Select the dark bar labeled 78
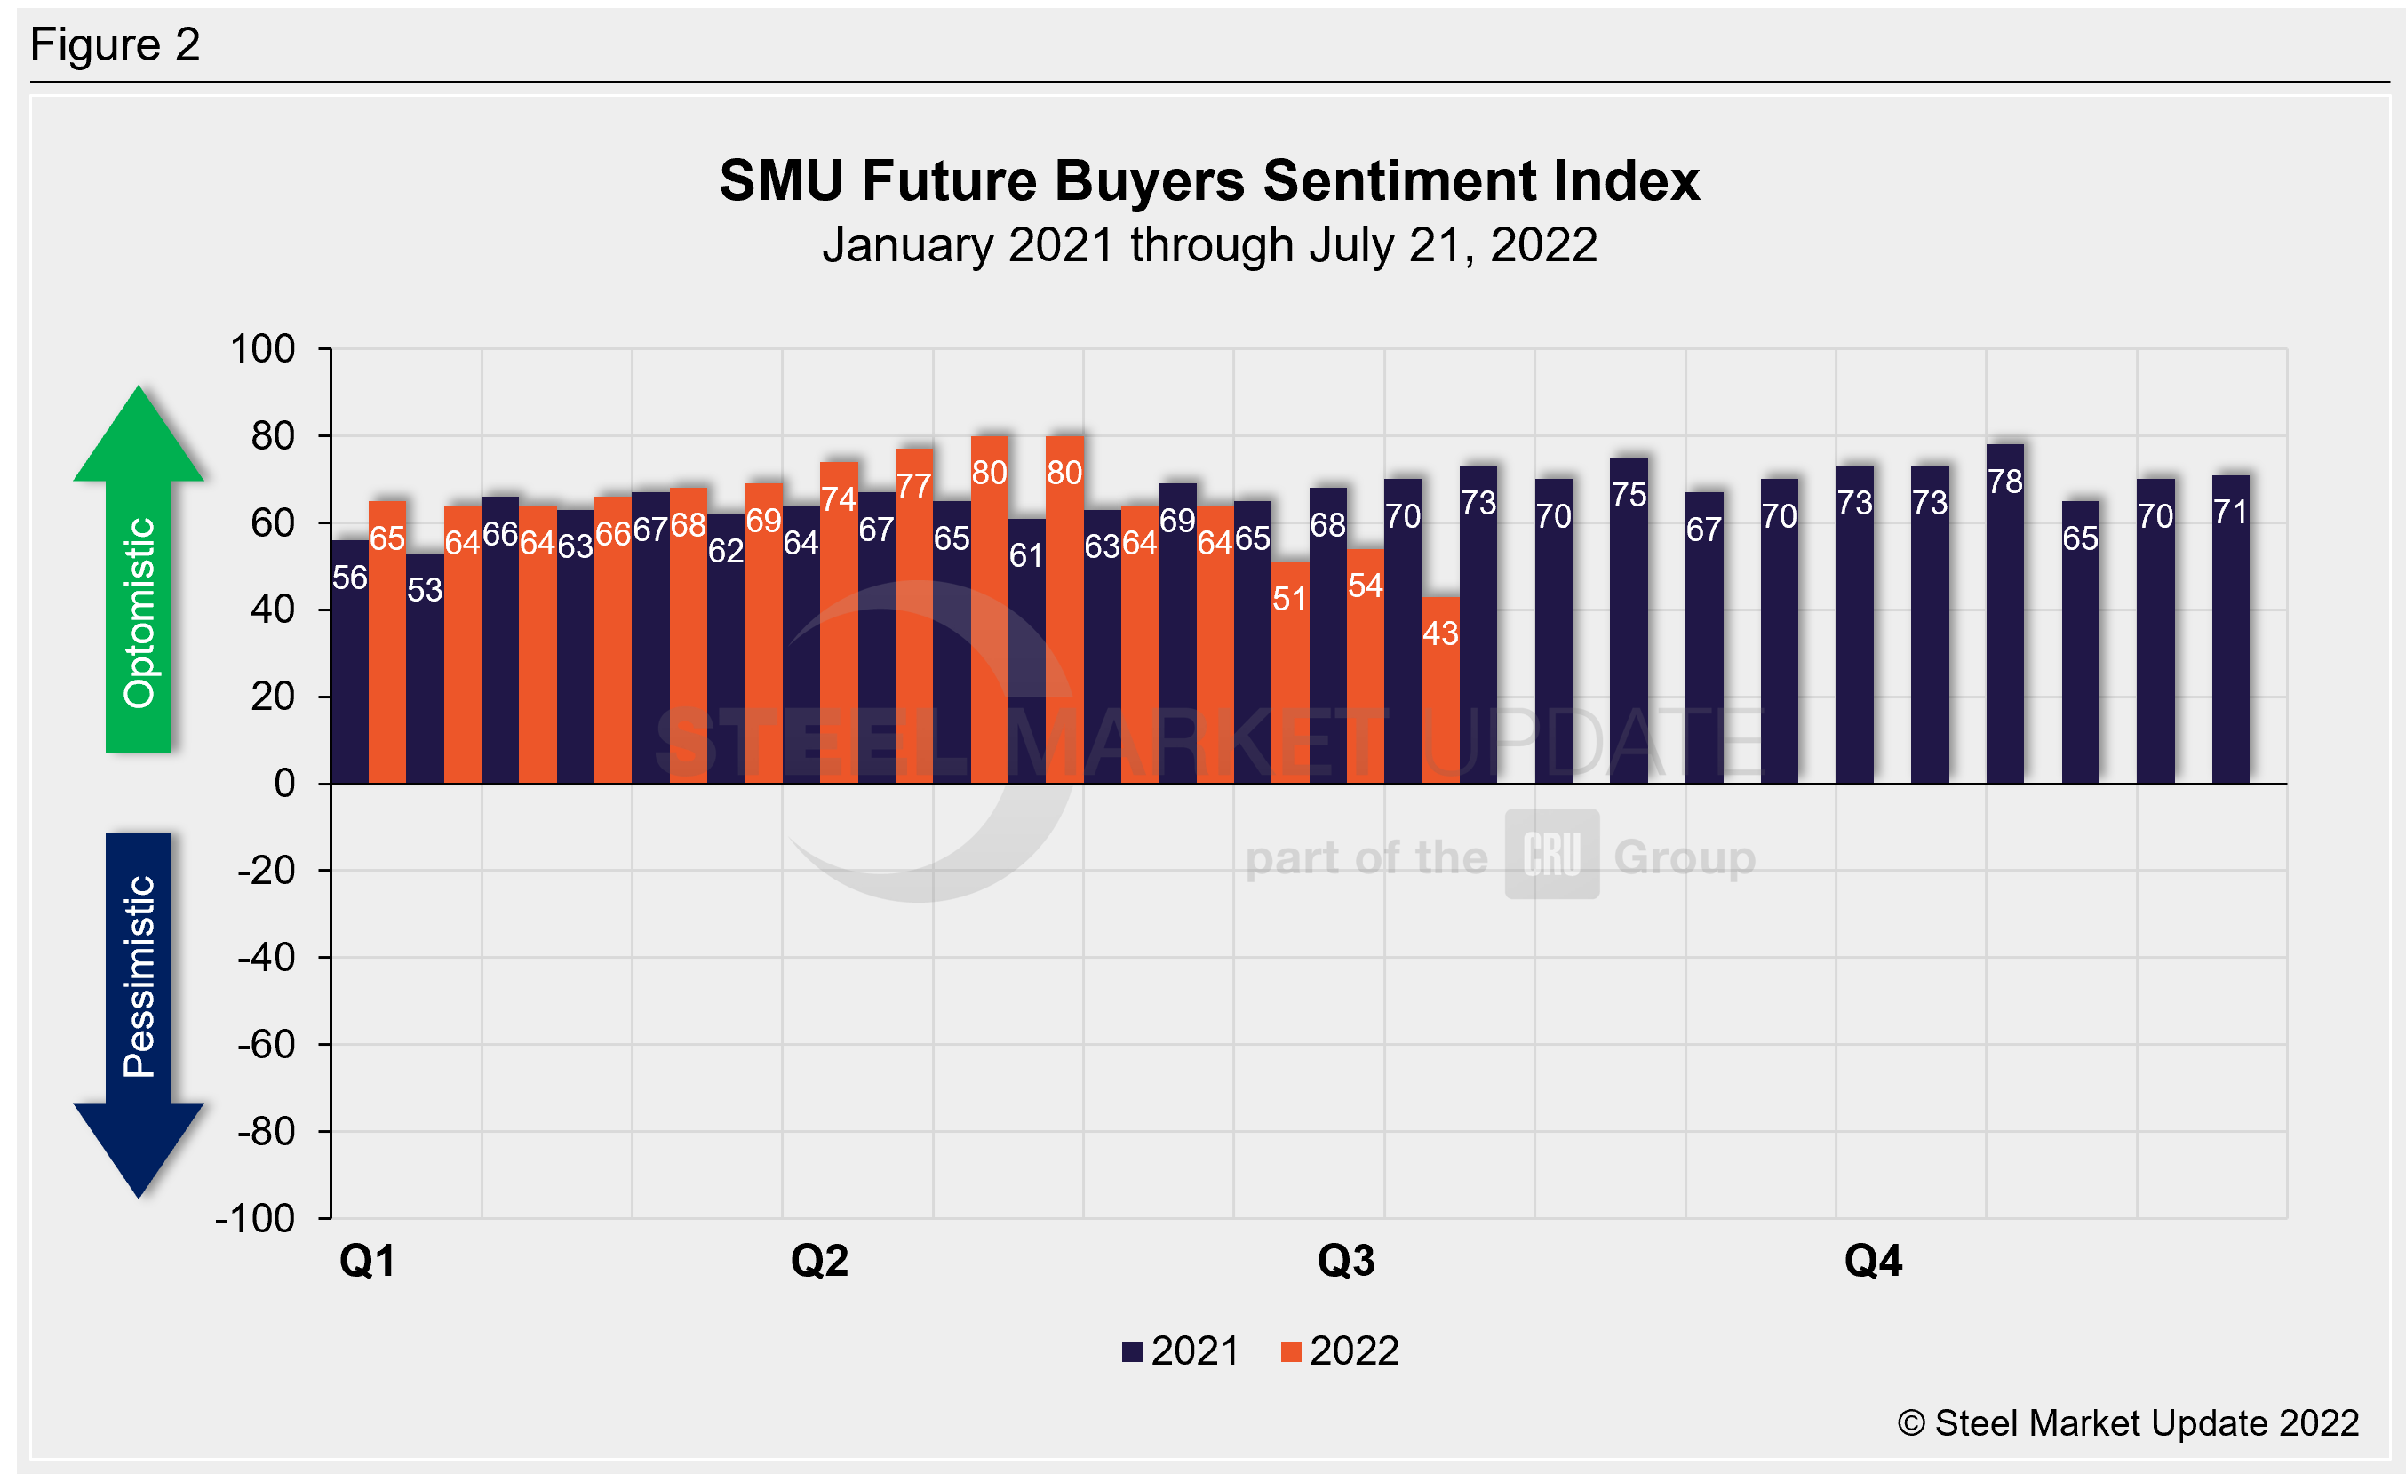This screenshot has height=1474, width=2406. pos(2004,614)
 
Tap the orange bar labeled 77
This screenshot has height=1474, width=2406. pos(914,616)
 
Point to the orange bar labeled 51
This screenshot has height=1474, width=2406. pos(1290,673)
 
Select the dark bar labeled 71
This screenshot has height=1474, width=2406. pos(2230,630)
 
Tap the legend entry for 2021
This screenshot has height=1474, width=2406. pos(1182,1352)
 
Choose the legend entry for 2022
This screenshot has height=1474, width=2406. pos(1341,1352)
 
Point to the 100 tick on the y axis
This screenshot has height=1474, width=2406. pos(262,349)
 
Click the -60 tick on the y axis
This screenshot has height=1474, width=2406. pos(266,1045)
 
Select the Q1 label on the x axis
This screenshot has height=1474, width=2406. pos(367,1261)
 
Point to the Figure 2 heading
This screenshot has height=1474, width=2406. pos(116,45)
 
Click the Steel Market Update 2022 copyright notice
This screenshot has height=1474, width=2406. pos(2128,1423)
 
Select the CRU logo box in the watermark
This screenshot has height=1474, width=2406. pos(1551,854)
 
